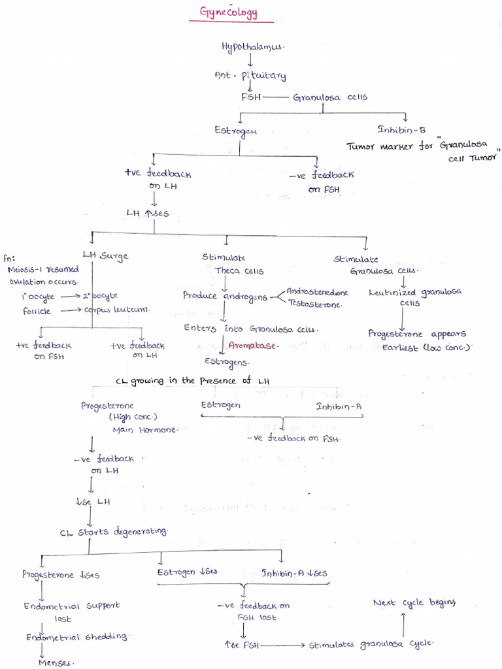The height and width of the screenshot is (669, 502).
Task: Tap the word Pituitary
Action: point(264,76)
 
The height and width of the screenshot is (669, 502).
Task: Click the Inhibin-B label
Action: point(401,129)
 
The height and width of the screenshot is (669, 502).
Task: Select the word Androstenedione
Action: point(317,292)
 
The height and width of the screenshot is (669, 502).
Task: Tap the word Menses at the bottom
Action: point(55,662)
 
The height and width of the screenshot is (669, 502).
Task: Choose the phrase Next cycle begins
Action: point(414,602)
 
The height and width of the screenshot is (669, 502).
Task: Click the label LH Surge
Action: point(105,255)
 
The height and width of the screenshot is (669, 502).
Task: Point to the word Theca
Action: point(227,270)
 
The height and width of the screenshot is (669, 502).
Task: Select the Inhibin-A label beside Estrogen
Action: point(339,406)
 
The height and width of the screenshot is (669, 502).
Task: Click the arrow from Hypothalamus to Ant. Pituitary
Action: point(250,59)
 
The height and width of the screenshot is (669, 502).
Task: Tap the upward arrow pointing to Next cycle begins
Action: point(403,625)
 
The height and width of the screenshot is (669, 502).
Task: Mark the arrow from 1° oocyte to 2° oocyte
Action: point(71,296)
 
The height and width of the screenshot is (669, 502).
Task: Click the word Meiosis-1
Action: point(25,270)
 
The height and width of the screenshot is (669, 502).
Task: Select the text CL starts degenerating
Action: point(114,532)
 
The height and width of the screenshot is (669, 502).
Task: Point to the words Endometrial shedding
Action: point(77,637)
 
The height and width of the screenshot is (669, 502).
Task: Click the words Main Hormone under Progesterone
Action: point(145,430)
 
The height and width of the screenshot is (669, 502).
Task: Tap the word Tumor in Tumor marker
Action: point(360,147)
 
